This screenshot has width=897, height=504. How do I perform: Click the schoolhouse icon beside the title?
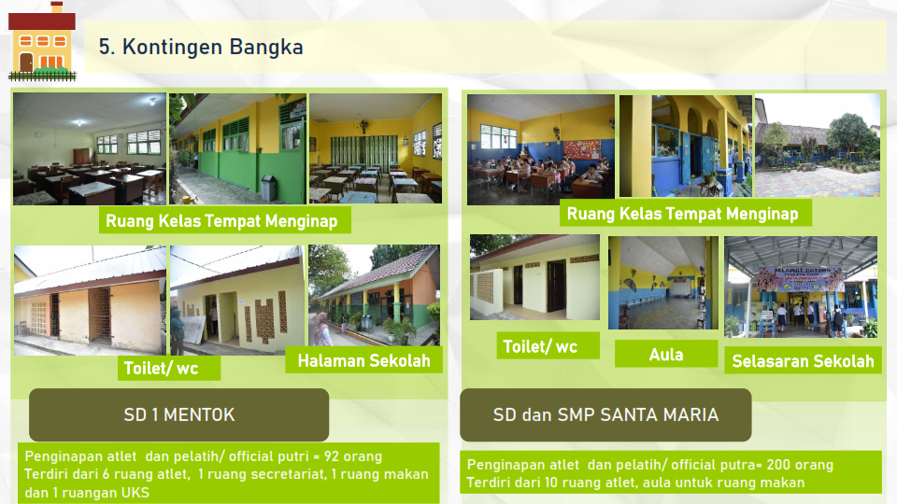point(42,41)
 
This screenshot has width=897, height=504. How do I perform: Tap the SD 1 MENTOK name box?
point(179,414)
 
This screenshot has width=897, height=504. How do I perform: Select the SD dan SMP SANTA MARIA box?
point(605,414)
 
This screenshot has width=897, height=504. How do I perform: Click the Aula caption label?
point(666,355)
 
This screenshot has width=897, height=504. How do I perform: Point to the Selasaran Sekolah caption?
point(803,361)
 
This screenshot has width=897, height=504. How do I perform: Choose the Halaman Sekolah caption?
point(363,360)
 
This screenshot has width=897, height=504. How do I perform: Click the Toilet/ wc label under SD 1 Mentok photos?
point(162,368)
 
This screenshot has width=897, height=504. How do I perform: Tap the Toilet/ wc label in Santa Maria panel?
point(540,346)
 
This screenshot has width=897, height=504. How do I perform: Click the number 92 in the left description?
point(331,456)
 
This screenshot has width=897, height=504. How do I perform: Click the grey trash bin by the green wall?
point(268,188)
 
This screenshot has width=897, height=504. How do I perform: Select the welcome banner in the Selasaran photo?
point(801,279)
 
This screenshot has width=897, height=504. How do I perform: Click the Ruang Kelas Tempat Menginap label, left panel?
point(222,221)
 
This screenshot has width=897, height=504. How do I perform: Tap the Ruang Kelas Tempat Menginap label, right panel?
point(682,214)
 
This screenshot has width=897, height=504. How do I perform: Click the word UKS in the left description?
point(135,493)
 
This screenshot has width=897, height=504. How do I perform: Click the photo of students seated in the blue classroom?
point(541,149)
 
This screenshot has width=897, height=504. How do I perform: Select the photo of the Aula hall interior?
point(663,283)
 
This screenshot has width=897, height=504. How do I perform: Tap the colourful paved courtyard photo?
point(818,146)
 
